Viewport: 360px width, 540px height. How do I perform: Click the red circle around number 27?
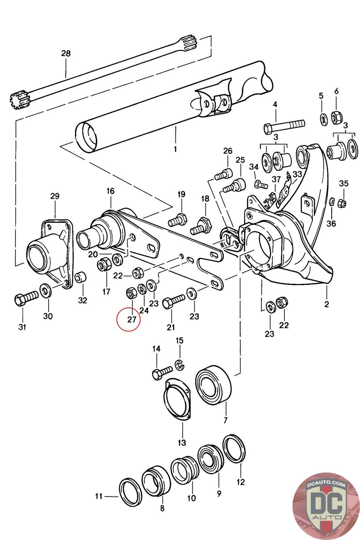(x=128, y=319)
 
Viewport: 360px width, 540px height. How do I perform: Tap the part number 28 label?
(x=66, y=53)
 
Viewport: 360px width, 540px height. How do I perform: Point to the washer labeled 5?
(x=323, y=119)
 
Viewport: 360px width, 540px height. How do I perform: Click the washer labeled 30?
(x=45, y=290)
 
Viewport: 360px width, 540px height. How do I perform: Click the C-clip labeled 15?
(x=180, y=364)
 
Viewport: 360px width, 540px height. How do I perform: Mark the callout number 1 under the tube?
(x=175, y=149)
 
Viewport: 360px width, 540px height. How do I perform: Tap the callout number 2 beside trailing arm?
(x=326, y=304)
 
